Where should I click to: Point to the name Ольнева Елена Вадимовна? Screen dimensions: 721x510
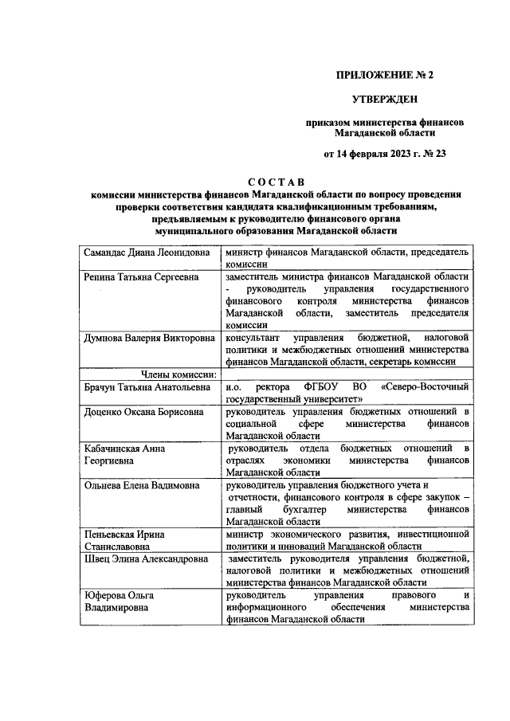[140, 484]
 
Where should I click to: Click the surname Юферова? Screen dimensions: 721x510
[108, 595]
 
